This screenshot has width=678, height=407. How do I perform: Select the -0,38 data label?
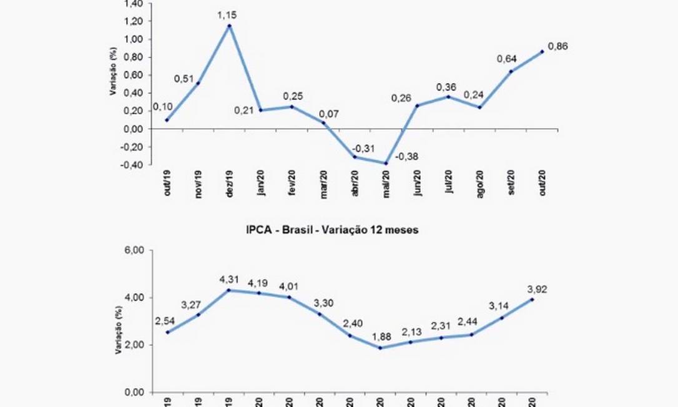408,173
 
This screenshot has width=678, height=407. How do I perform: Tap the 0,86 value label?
557,46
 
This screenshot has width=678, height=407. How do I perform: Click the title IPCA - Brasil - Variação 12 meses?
332,230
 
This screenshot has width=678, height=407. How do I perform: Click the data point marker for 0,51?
199,83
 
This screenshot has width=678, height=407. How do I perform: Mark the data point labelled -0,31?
355,157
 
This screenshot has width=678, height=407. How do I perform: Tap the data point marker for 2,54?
167,332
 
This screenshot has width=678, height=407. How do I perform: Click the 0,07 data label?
329,114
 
